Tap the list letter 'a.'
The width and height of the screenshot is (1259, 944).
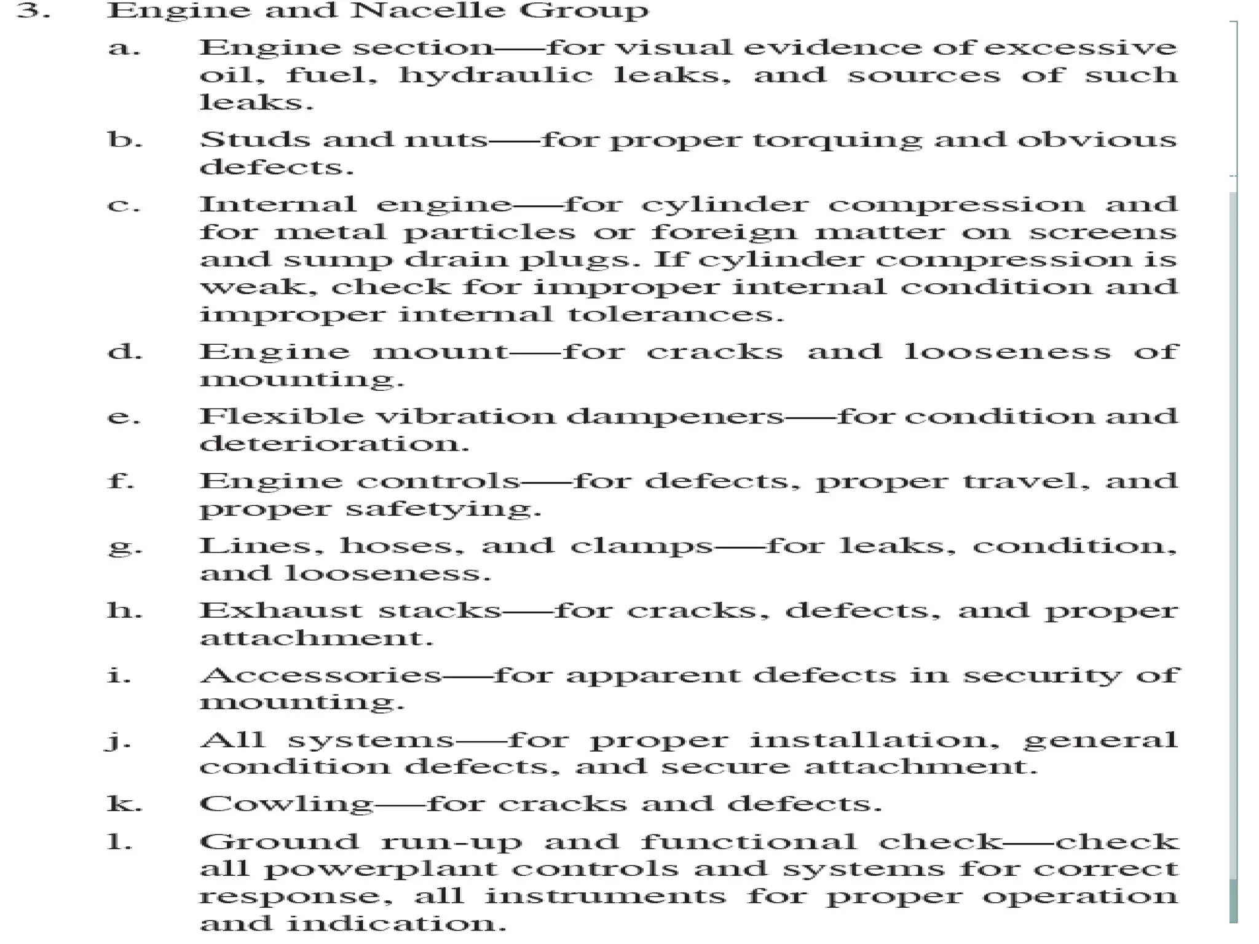coord(124,48)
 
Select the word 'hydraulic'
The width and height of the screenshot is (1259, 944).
coord(495,75)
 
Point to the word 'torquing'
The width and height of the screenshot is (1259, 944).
coord(837,141)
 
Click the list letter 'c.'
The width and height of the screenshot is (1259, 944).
coord(124,205)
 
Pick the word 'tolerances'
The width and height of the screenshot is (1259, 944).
coord(675,315)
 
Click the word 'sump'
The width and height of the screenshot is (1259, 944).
coord(337,259)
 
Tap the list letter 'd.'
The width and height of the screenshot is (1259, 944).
coord(125,352)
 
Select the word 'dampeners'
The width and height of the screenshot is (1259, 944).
coord(675,417)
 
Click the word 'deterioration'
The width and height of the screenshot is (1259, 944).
coord(334,444)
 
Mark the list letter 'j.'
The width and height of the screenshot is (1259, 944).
coord(119,741)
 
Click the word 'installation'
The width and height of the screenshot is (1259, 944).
coord(874,740)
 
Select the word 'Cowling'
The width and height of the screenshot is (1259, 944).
coord(286,804)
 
